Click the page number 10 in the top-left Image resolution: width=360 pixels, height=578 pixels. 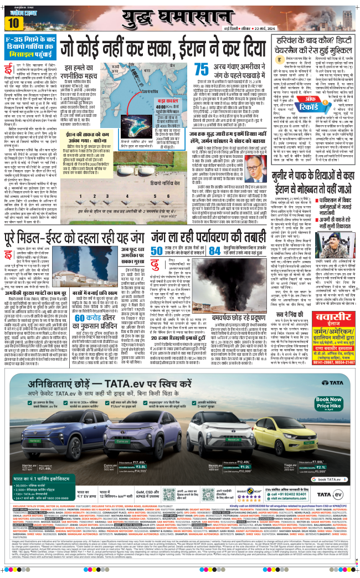coord(13,23)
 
